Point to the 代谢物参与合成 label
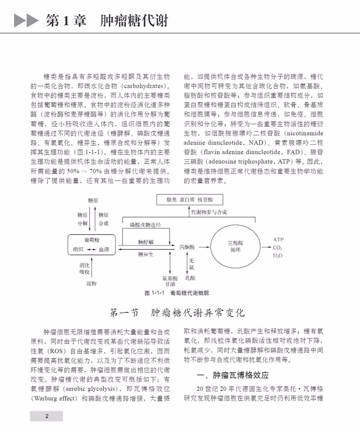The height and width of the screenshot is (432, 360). click(209, 212)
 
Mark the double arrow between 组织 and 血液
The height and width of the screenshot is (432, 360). click(91, 249)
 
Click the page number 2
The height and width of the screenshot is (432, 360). click(46, 416)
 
